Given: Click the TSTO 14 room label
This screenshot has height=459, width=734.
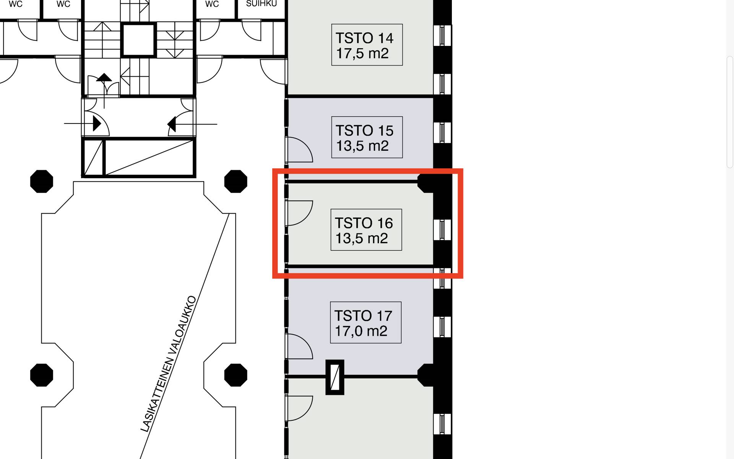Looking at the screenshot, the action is (x=367, y=45).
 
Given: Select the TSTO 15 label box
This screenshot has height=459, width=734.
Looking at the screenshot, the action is (x=367, y=137).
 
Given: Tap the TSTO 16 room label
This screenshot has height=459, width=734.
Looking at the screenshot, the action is (x=366, y=230).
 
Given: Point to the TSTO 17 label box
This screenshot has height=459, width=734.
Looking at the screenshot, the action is (x=366, y=322).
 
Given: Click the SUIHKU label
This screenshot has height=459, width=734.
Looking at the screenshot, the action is (x=261, y=4).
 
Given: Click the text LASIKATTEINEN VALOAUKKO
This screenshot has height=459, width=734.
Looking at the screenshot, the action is (x=169, y=364).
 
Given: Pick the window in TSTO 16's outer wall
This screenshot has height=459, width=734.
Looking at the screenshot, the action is (x=442, y=230).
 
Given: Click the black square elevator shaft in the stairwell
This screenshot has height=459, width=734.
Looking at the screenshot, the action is (x=138, y=40).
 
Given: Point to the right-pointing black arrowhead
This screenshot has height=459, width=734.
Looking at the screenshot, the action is (x=97, y=124).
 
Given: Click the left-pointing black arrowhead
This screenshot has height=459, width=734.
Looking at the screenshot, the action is (x=171, y=124).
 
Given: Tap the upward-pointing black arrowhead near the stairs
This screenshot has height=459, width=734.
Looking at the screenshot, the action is (x=104, y=78).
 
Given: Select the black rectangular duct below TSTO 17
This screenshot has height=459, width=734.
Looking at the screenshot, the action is (x=335, y=377).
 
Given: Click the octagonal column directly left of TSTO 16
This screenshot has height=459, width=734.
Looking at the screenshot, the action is (x=235, y=181).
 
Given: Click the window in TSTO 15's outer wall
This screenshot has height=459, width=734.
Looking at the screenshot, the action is (x=442, y=133).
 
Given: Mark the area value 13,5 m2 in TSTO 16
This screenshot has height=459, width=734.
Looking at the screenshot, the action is (x=362, y=238).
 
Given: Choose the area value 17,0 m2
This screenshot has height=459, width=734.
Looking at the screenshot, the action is (x=361, y=331).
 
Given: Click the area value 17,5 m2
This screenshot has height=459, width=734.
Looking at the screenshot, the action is (x=362, y=53).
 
